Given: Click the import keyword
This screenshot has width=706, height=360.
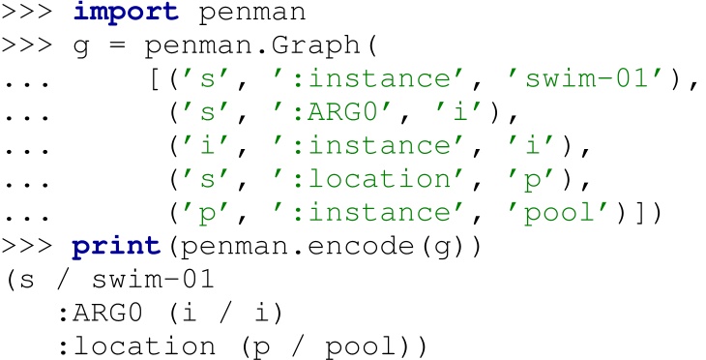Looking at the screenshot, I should pos(120,15).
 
